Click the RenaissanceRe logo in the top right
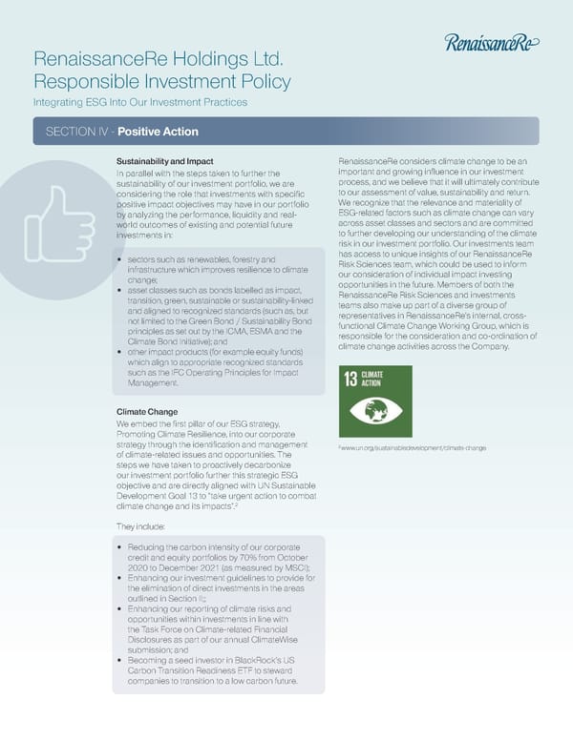(x=493, y=41)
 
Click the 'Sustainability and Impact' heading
(x=164, y=161)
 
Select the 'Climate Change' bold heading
(x=147, y=412)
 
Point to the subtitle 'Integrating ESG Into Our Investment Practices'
(x=140, y=101)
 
